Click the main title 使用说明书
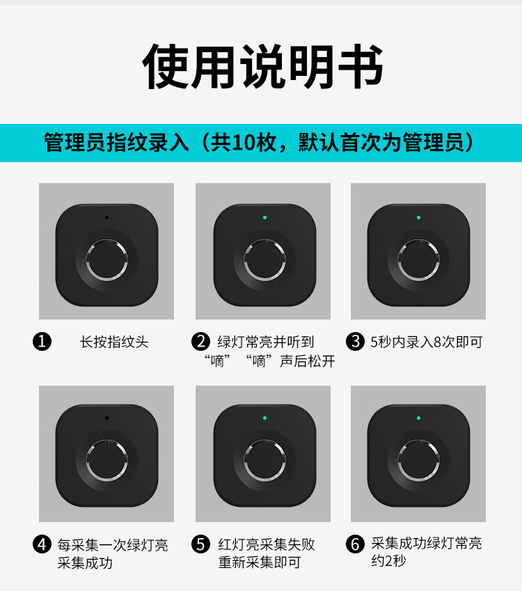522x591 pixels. point(262,66)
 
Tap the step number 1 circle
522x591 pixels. point(42,342)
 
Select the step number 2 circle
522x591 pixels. point(200,342)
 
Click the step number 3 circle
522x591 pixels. point(355,342)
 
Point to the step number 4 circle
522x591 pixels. point(42,544)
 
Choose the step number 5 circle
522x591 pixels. point(200,544)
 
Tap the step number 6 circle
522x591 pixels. point(355,544)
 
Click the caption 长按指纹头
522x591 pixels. point(114,342)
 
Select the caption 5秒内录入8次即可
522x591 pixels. point(426,342)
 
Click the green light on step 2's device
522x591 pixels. point(264,217)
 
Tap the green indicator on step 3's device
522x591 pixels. point(418,217)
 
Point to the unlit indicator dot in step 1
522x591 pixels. point(106,217)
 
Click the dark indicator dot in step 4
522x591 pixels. point(106,418)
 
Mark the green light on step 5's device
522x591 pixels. point(264,418)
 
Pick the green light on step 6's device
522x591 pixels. point(418,418)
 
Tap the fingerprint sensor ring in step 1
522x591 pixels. point(86,260)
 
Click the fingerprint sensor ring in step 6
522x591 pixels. point(398,461)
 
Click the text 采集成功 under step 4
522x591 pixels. point(85,563)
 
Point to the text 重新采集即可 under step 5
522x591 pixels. point(260,562)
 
